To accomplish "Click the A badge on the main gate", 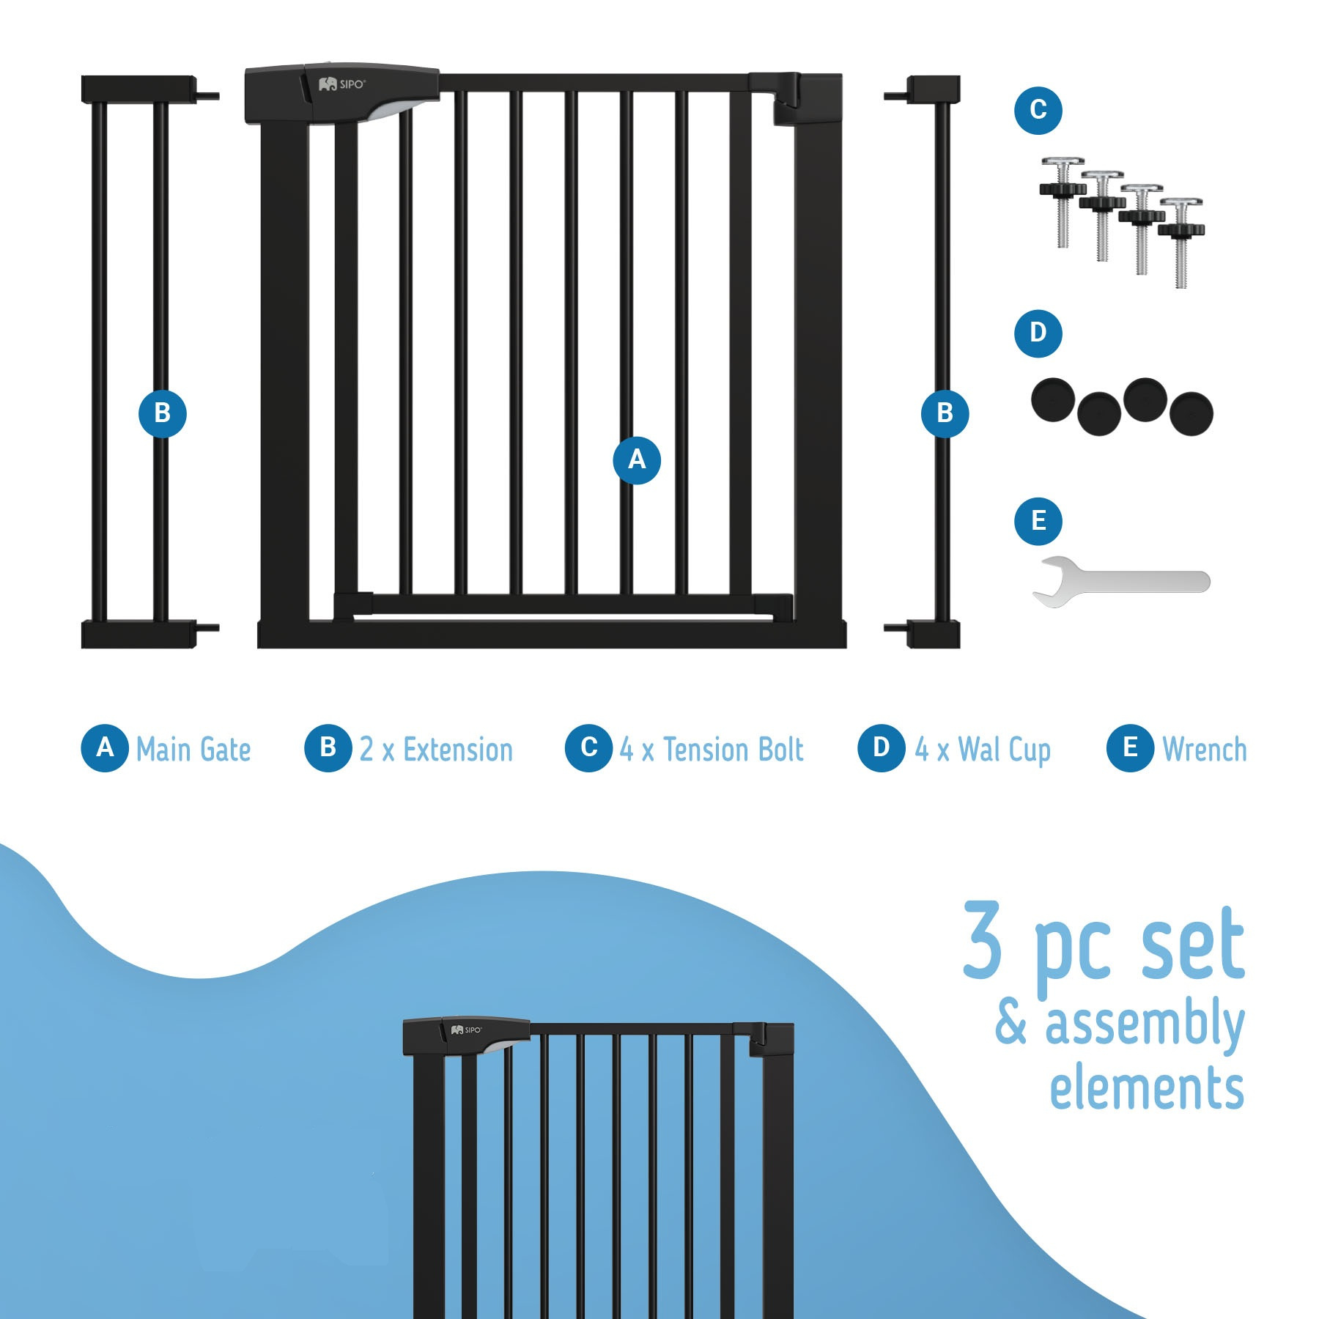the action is (636, 460).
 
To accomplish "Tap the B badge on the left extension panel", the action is (162, 413).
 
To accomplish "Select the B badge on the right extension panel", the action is (945, 413).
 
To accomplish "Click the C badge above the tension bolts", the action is (1038, 110).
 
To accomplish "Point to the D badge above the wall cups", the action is (1038, 333).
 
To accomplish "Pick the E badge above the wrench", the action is (1038, 521).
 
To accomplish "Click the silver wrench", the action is (1121, 582).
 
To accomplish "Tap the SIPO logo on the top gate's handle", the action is (341, 84).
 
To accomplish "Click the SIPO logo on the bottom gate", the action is (467, 1030).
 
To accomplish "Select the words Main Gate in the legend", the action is (193, 749).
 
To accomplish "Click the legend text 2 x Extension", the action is (436, 749).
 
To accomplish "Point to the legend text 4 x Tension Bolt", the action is (712, 749).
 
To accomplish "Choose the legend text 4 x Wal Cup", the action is (983, 750).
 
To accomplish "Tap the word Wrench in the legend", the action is (1205, 749).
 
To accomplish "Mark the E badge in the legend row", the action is (1131, 747).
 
